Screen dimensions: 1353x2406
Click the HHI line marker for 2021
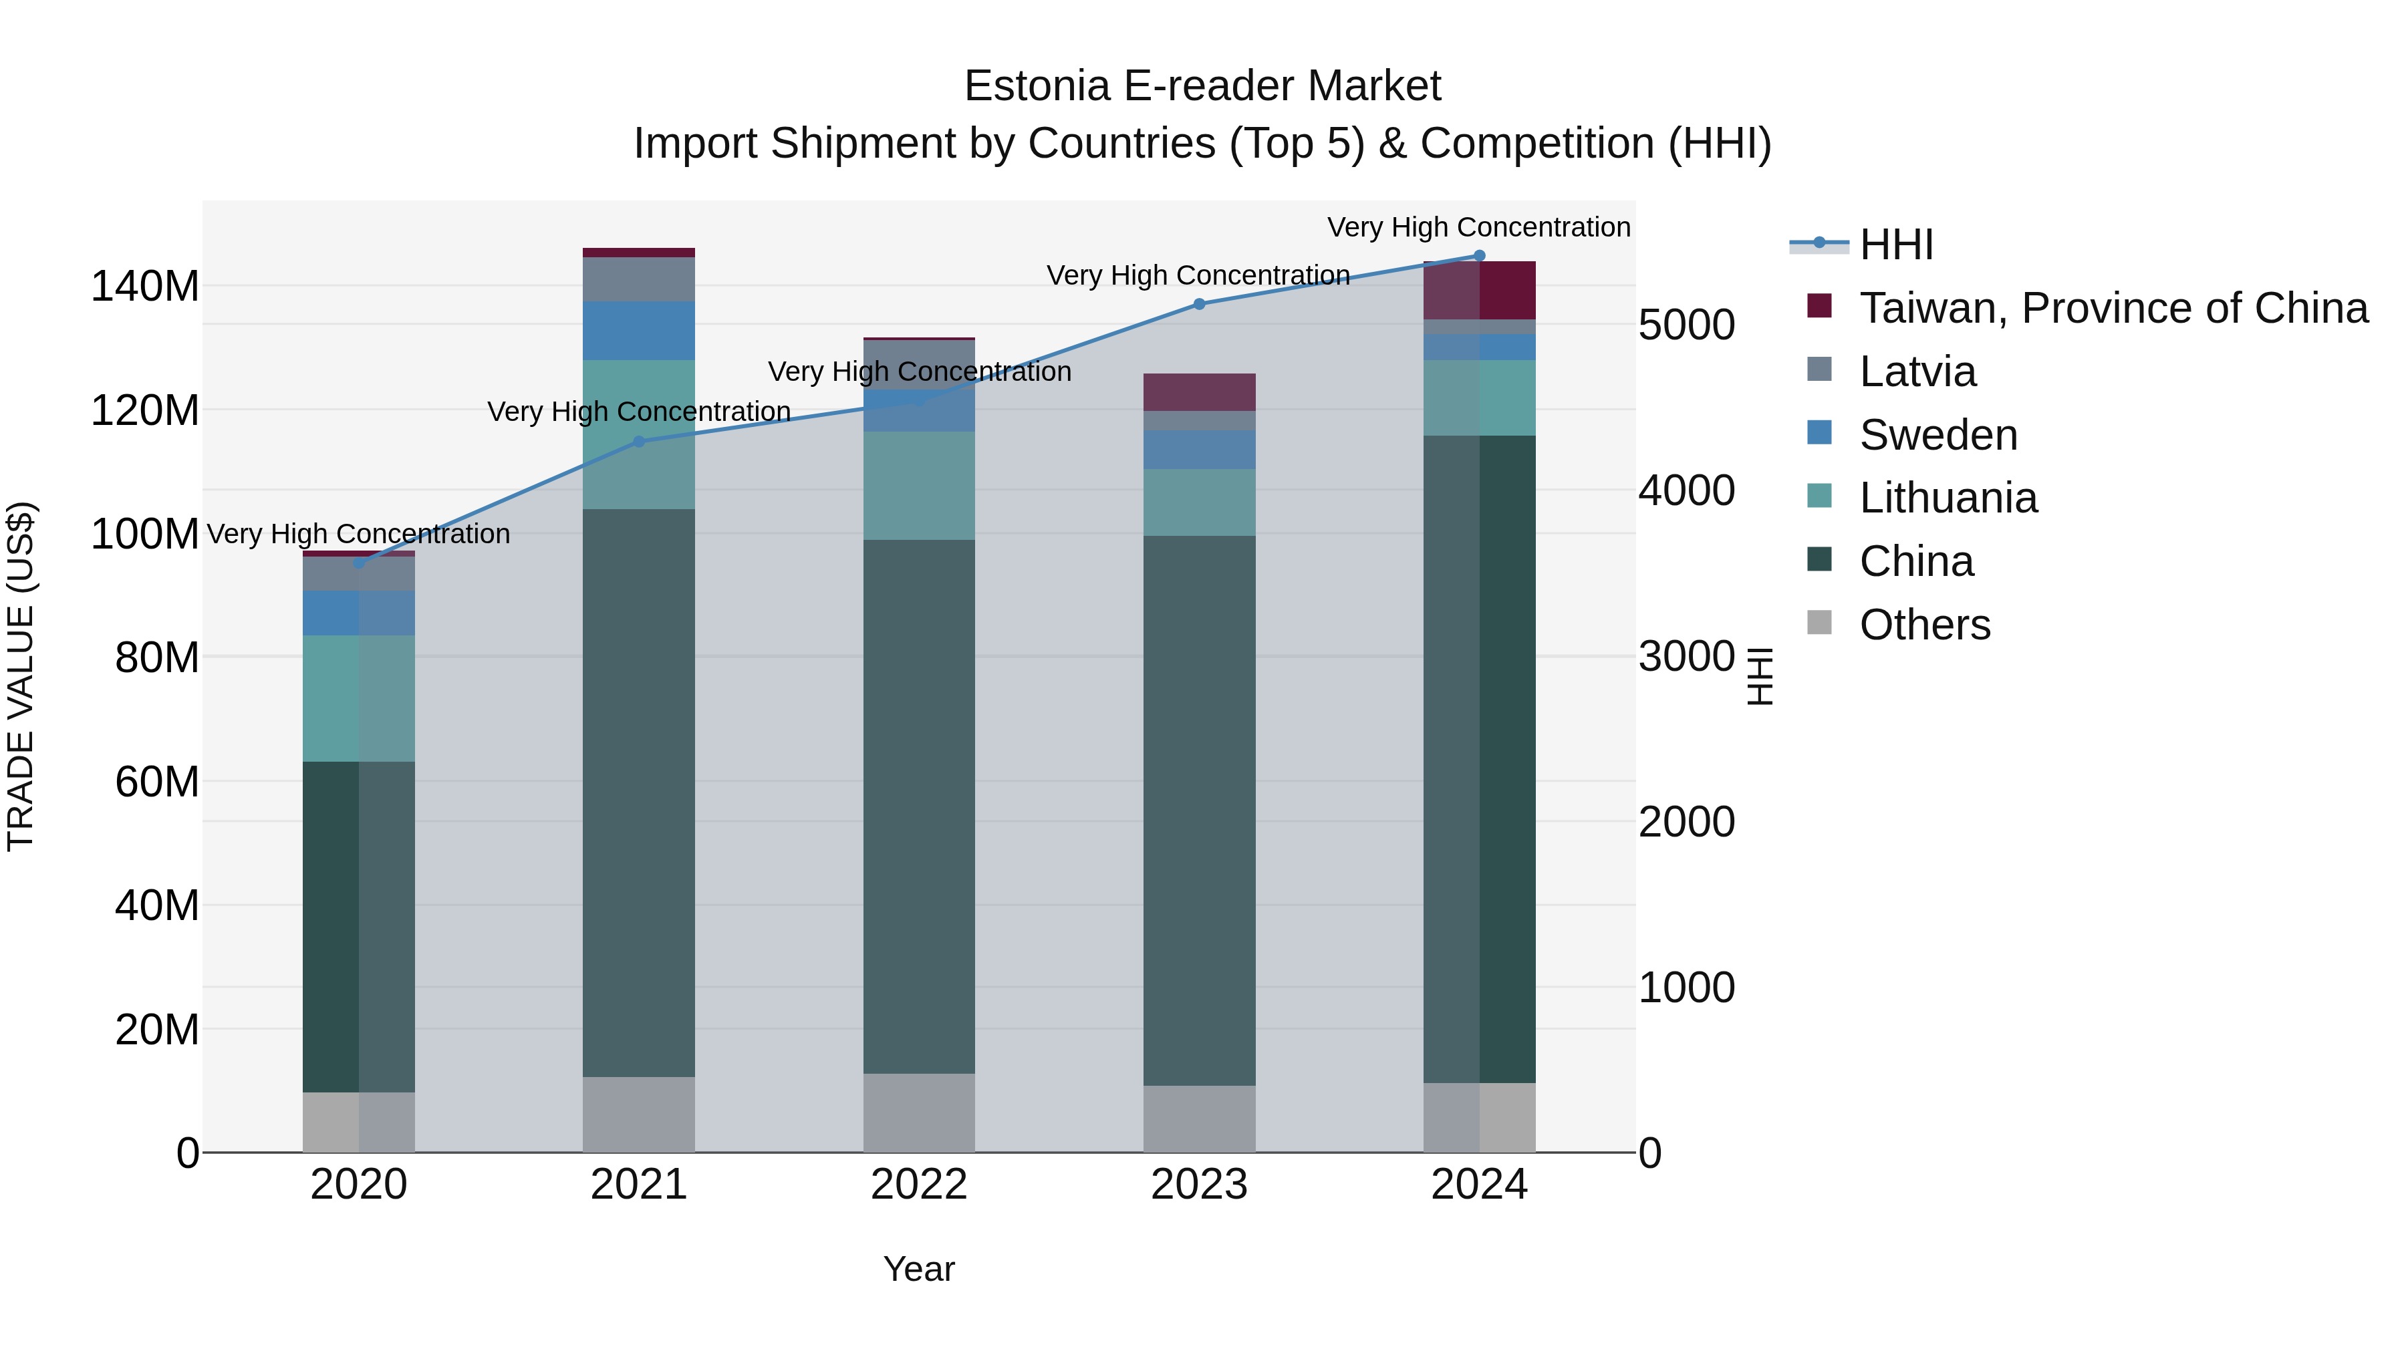pyautogui.click(x=639, y=442)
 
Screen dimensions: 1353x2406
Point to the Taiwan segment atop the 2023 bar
pyautogui.click(x=1199, y=392)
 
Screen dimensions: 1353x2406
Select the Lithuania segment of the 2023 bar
pyautogui.click(x=1199, y=502)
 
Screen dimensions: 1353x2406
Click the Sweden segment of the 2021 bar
pyautogui.click(x=639, y=331)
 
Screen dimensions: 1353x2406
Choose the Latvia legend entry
pyautogui.click(x=1917, y=371)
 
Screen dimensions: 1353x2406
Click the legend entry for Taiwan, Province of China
pyautogui.click(x=2113, y=308)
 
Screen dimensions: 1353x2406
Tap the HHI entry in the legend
pyautogui.click(x=1896, y=245)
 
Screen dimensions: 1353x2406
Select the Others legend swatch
pyautogui.click(x=1819, y=623)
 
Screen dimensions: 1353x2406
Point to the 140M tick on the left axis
pyautogui.click(x=145, y=286)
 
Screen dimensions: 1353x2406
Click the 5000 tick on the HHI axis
pyautogui.click(x=1686, y=325)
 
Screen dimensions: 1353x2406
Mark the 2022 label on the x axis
pyautogui.click(x=919, y=1185)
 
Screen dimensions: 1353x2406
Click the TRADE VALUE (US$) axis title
pyautogui.click(x=21, y=676)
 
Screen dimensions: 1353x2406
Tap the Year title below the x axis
pyautogui.click(x=919, y=1269)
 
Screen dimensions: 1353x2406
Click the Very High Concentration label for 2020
pyautogui.click(x=359, y=534)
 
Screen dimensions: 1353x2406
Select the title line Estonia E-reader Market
pyautogui.click(x=1202, y=86)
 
